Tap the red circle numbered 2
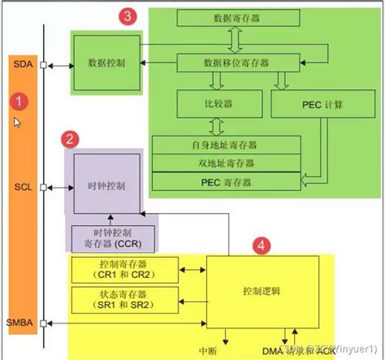pyautogui.click(x=72, y=138)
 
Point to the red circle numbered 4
pyautogui.click(x=261, y=244)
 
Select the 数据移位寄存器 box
pyautogui.click(x=234, y=62)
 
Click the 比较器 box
pyautogui.click(x=218, y=104)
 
